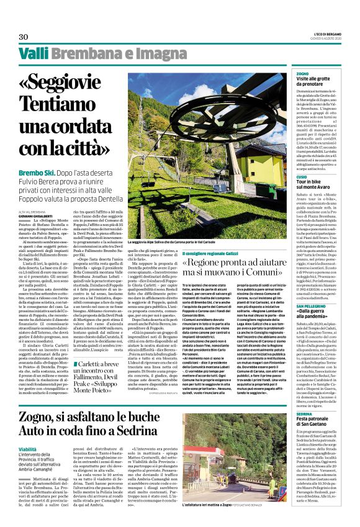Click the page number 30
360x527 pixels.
tap(24, 37)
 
